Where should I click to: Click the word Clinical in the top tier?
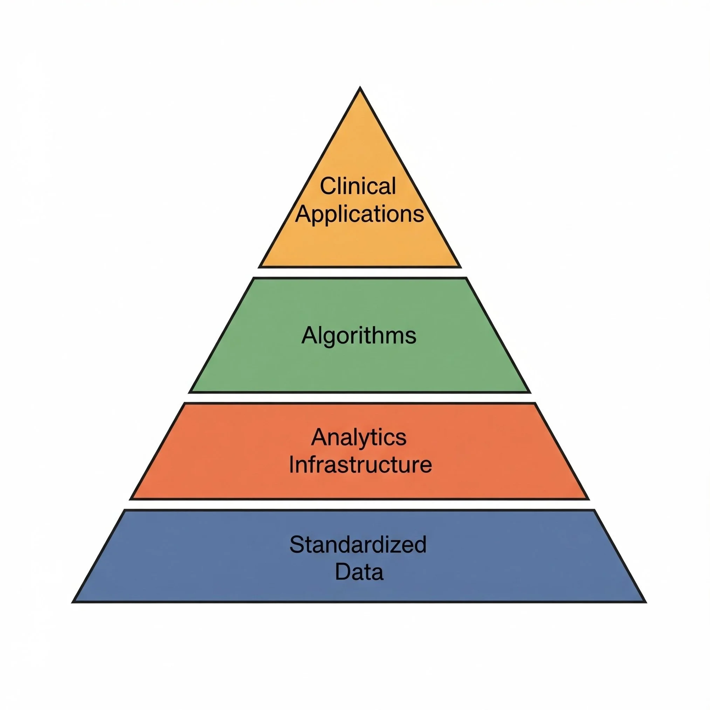358,186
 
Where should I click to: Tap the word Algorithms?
359,335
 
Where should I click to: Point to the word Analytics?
359,437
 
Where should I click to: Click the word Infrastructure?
360,464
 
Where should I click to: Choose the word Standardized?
358,545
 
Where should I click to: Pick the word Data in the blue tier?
359,572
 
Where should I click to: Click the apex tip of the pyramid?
360,88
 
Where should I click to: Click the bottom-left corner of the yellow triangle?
260,267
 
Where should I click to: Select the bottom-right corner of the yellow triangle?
460,267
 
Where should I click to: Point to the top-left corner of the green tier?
254,278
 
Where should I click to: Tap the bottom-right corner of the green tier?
530,392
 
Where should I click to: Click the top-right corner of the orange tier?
535,404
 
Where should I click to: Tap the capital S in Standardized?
296,545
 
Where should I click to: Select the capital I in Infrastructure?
292,464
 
